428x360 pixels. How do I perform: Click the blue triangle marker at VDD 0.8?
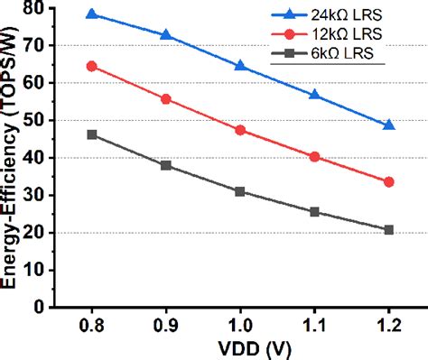click(x=91, y=14)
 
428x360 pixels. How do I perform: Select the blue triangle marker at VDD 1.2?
click(x=388, y=125)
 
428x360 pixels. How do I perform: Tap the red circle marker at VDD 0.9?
click(x=165, y=98)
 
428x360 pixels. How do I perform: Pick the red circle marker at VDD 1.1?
click(x=314, y=156)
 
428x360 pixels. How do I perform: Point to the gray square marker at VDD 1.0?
click(x=239, y=191)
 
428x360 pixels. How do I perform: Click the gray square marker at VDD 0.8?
click(x=91, y=134)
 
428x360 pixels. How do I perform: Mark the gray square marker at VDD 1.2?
click(x=388, y=230)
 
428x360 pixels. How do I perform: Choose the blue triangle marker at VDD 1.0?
click(x=239, y=65)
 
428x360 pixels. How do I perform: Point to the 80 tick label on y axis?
click(x=37, y=8)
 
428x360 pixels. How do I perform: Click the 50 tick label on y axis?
click(x=37, y=120)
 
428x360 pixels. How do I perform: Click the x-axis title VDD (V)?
click(x=240, y=348)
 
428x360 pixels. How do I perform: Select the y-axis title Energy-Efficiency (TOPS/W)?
click(x=13, y=158)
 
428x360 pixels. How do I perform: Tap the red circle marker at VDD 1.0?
click(x=239, y=130)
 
